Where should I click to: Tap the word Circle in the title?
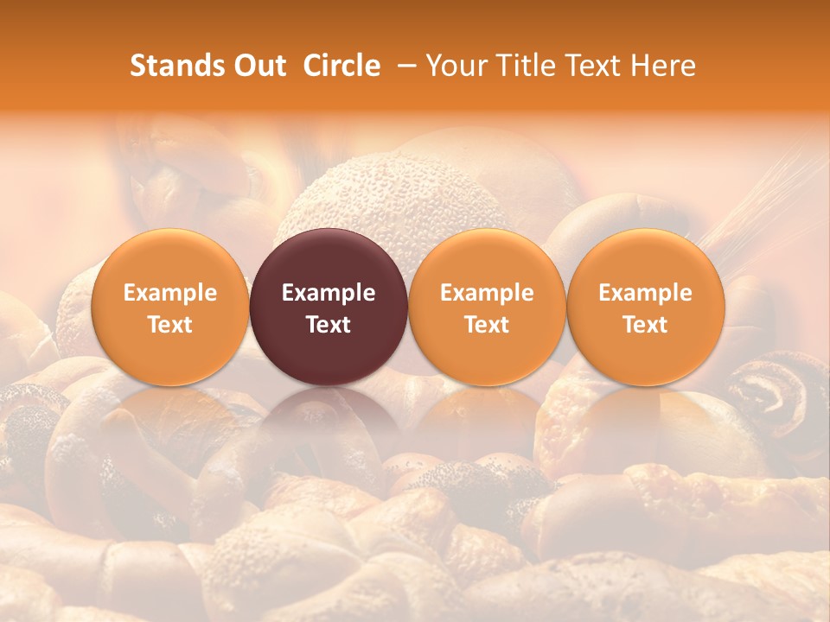coord(342,66)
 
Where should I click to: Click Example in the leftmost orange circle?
coord(169,293)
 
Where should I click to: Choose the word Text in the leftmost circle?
coord(169,325)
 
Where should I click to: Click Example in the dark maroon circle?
coord(329,293)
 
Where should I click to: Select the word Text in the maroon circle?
coord(329,325)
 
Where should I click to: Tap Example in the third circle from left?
coord(487,293)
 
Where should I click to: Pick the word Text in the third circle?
coord(487,325)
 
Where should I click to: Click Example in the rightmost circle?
coord(645,293)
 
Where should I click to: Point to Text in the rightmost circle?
coord(645,325)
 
